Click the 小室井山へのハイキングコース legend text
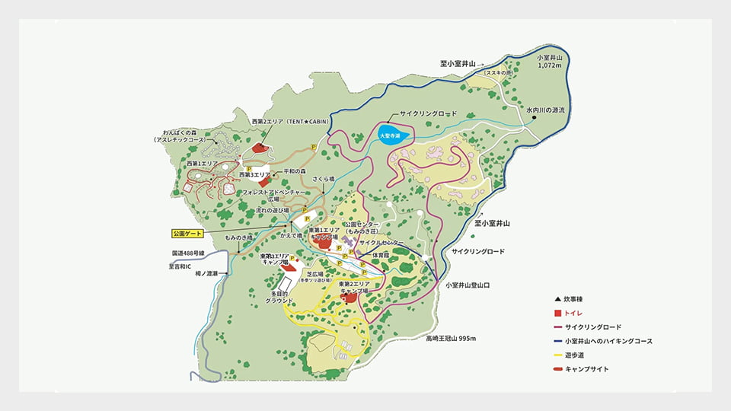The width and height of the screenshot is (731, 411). coord(608,341)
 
